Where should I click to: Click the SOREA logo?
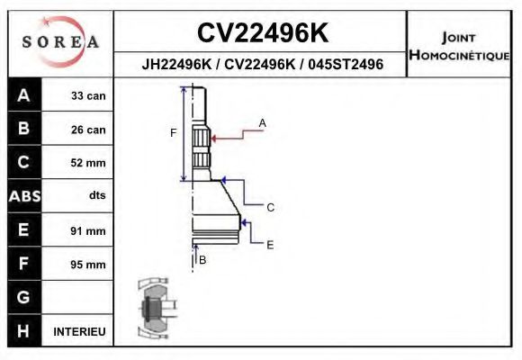pyautogui.click(x=59, y=42)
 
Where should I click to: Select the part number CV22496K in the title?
pyautogui.click(x=262, y=33)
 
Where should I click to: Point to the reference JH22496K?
pyautogui.click(x=177, y=65)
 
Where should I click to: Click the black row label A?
pyautogui.click(x=23, y=95)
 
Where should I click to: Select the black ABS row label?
pyautogui.click(x=23, y=196)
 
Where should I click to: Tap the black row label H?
pyautogui.click(x=23, y=331)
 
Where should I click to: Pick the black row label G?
pyautogui.click(x=23, y=297)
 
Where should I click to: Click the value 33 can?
pyautogui.click(x=88, y=95)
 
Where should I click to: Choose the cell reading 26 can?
pyautogui.click(x=88, y=130)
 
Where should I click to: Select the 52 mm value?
pyautogui.click(x=88, y=163)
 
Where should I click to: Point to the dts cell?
pyautogui.click(x=96, y=196)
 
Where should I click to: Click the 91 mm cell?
pyautogui.click(x=88, y=230)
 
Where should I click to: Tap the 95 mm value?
pyautogui.click(x=88, y=265)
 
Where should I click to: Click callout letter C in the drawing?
pyautogui.click(x=270, y=208)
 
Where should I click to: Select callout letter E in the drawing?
pyautogui.click(x=270, y=244)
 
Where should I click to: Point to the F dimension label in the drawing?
pyautogui.click(x=174, y=133)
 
